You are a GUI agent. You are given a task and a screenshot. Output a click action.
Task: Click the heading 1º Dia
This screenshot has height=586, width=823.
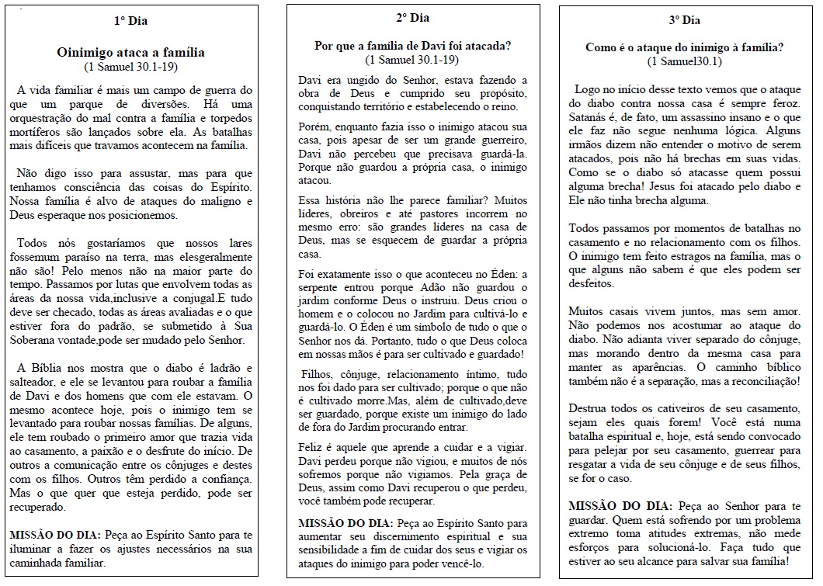pyautogui.click(x=131, y=20)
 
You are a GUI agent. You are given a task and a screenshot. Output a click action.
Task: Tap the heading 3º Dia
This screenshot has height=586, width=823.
pyautogui.click(x=684, y=20)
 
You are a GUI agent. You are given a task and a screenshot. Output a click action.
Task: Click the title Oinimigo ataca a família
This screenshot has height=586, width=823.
pyautogui.click(x=131, y=53)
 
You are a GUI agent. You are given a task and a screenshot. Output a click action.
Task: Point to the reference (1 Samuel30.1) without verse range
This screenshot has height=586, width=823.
pyautogui.click(x=684, y=61)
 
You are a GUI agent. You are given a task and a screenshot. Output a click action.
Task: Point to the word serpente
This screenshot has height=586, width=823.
pyautogui.click(x=321, y=287)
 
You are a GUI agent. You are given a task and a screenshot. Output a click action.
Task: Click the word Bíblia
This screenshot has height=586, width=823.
pyautogui.click(x=54, y=367)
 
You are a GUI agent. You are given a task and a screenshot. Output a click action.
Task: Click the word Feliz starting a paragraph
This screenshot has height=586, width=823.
pyautogui.click(x=312, y=449)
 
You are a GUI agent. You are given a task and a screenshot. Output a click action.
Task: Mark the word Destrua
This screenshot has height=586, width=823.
pyautogui.click(x=589, y=408)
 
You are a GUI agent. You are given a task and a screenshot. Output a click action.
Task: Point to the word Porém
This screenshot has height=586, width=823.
pyautogui.click(x=313, y=126)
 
